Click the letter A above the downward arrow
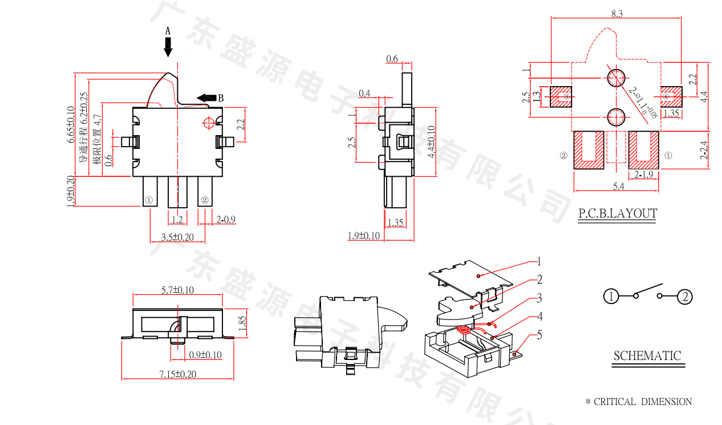[168, 31]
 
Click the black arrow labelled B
[206, 98]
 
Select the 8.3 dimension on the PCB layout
[616, 13]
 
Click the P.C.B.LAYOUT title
[618, 213]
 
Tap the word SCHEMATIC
[647, 356]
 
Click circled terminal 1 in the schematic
[611, 297]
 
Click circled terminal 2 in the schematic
[685, 297]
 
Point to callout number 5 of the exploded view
[539, 335]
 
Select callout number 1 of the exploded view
[538, 262]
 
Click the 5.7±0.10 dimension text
[177, 290]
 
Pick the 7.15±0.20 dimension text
[177, 374]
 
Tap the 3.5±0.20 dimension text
[177, 237]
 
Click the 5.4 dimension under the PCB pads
[618, 186]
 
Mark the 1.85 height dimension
[242, 323]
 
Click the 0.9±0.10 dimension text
[205, 355]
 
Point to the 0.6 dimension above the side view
[392, 59]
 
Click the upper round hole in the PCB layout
[616, 78]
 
